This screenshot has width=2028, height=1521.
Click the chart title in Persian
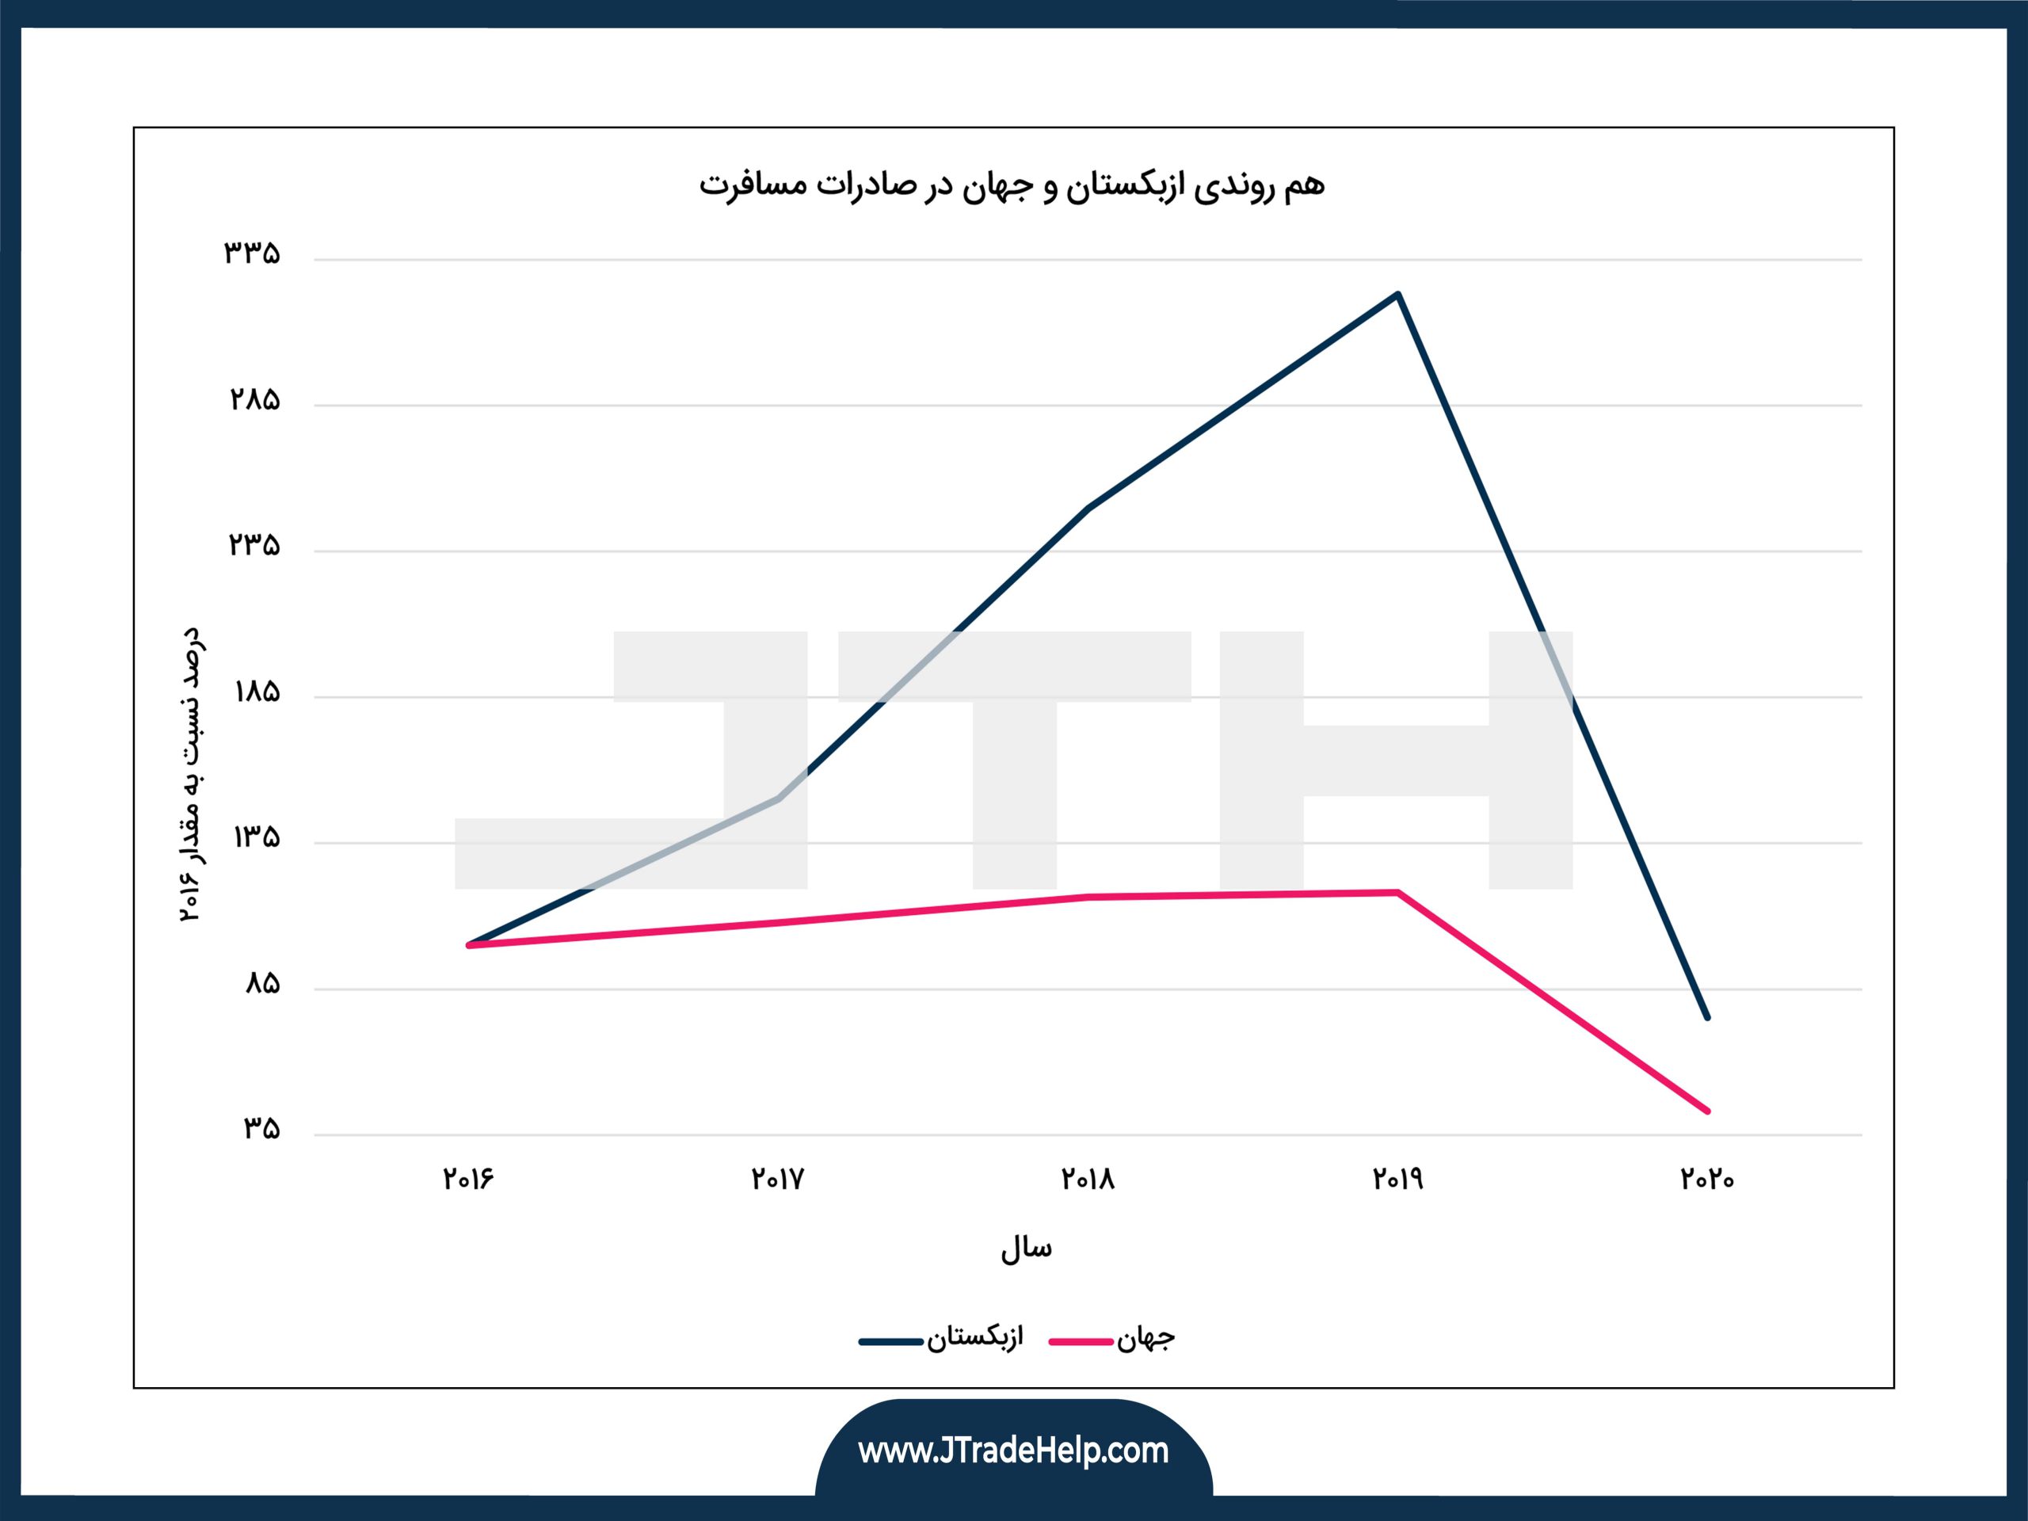[x=1012, y=185]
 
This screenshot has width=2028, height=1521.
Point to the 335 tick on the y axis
[x=252, y=253]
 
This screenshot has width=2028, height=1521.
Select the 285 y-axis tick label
[x=254, y=400]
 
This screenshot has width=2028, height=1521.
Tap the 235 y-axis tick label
[x=254, y=546]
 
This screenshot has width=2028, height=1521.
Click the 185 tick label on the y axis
[x=257, y=692]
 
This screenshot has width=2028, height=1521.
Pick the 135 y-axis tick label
[x=257, y=837]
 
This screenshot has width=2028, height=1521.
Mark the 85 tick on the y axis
[x=262, y=984]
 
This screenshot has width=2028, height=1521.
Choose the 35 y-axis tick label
[x=261, y=1129]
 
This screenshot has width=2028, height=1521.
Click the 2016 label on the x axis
[x=468, y=1179]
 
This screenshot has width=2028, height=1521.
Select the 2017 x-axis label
[x=777, y=1179]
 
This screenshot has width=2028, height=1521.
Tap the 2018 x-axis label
[x=1088, y=1179]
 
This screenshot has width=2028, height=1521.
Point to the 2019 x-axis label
[x=1397, y=1179]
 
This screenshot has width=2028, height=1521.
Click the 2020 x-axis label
[x=1707, y=1179]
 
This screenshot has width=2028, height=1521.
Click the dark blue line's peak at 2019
[x=1397, y=295]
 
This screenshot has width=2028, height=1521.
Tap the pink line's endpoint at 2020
[x=1707, y=1111]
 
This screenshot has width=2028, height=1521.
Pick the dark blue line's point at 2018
[x=1088, y=507]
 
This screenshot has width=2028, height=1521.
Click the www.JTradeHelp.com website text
[x=1013, y=1451]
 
